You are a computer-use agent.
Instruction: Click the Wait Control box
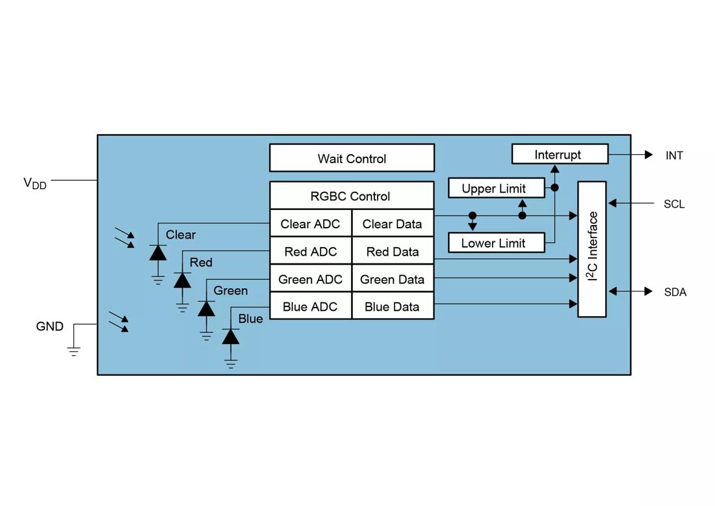click(x=352, y=158)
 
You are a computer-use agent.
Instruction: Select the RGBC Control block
click(x=352, y=196)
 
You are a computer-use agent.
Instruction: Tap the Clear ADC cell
click(x=310, y=224)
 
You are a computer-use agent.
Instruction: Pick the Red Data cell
click(x=392, y=252)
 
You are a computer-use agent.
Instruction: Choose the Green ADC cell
click(x=310, y=280)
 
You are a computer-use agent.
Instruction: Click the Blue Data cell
click(x=392, y=307)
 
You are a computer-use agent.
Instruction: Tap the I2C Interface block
click(x=592, y=249)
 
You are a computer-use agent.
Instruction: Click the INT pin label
click(x=674, y=155)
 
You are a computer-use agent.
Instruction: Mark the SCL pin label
click(x=674, y=204)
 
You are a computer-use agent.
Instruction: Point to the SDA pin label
click(x=675, y=292)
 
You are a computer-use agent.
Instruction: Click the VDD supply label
click(x=35, y=183)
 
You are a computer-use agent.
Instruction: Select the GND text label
click(x=49, y=326)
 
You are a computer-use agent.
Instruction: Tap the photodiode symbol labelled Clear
click(x=158, y=252)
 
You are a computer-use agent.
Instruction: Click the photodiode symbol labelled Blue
click(x=231, y=336)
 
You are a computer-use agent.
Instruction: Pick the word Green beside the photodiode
click(x=231, y=291)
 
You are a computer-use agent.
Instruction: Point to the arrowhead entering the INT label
click(x=648, y=155)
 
